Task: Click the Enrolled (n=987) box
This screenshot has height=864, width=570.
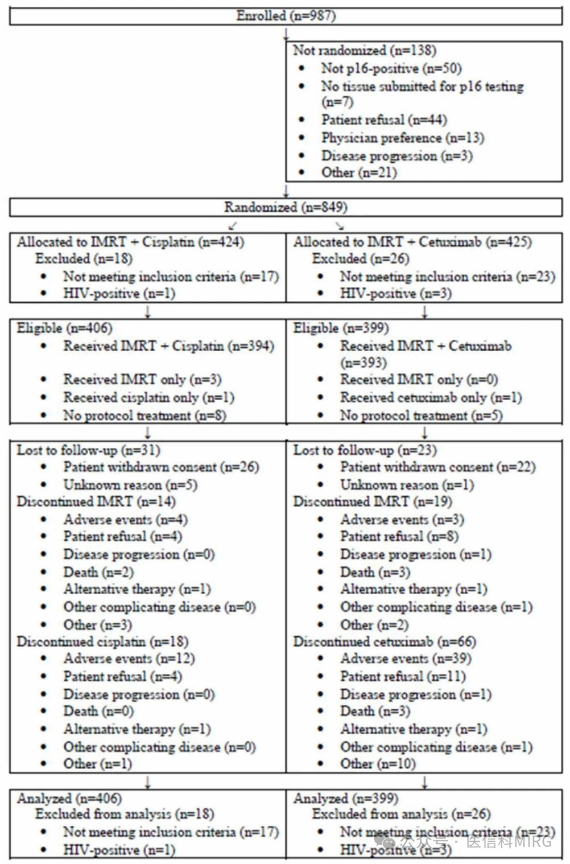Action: point(286,16)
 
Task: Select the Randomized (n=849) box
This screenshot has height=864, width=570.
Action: point(286,207)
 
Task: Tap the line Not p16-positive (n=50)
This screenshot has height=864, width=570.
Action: point(391,69)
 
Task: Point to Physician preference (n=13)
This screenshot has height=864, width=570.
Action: point(402,138)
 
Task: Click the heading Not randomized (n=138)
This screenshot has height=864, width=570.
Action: point(364,51)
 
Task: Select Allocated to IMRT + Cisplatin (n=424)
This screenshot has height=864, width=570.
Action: point(130,242)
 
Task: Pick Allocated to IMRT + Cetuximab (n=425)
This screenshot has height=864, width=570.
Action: point(412,242)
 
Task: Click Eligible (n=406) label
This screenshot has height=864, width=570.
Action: point(64,328)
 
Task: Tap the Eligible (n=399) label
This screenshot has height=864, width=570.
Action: point(341,328)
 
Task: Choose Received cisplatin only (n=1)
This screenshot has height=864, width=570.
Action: point(148,398)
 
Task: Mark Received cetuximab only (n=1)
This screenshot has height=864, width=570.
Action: point(431,398)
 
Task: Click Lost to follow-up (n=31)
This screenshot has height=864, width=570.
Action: point(88,450)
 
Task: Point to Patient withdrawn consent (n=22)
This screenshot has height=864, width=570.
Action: point(437,467)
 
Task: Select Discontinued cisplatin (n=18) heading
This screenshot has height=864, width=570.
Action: point(102,642)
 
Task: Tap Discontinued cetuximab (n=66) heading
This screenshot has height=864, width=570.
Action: point(385,642)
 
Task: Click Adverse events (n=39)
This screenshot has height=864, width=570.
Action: point(406,659)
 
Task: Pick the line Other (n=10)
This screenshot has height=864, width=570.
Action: point(378,764)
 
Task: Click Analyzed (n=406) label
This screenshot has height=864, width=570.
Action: point(69,799)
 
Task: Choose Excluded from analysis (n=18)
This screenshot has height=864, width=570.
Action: point(125,814)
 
